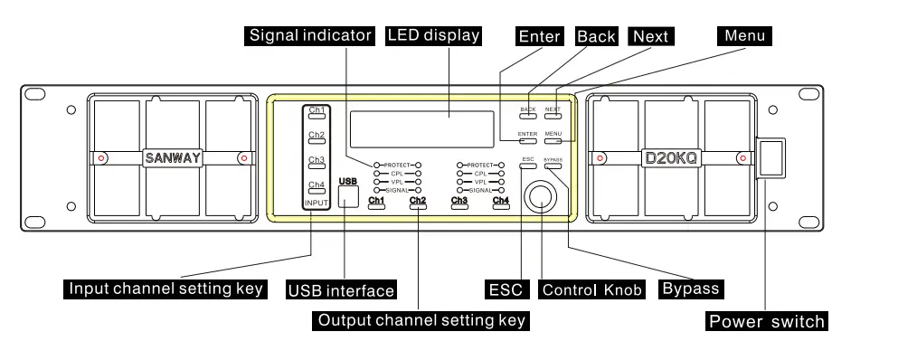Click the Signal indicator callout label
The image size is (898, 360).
pos(308,36)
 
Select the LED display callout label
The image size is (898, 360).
pos(433,36)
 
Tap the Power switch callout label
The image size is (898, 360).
pos(766,321)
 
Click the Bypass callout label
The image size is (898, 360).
pos(690,289)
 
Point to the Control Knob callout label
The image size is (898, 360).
pos(591,289)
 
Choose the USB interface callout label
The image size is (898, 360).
pos(341,290)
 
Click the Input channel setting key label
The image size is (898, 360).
pos(166,289)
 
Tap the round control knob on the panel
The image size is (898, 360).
pos(542,196)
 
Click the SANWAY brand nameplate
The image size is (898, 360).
pos(172,157)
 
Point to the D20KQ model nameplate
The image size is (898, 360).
pos(670,157)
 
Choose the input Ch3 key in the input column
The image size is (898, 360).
pos(316,162)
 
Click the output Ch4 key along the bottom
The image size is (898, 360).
pos(500,203)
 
